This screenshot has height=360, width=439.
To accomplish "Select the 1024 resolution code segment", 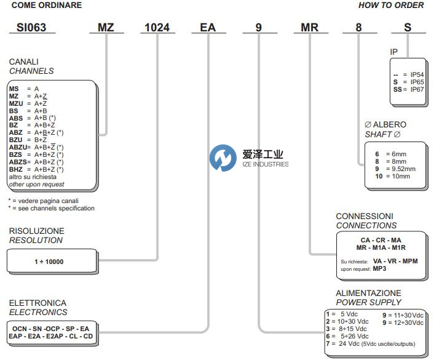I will tap(157, 28).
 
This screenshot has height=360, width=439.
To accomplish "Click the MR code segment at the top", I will tap(309, 28).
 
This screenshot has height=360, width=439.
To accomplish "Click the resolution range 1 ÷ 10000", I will tap(49, 262).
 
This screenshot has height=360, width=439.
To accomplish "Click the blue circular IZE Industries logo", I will tap(222, 159).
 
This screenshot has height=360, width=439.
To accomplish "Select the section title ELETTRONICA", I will tap(38, 303).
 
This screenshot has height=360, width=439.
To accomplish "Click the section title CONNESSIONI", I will tap(365, 217).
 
